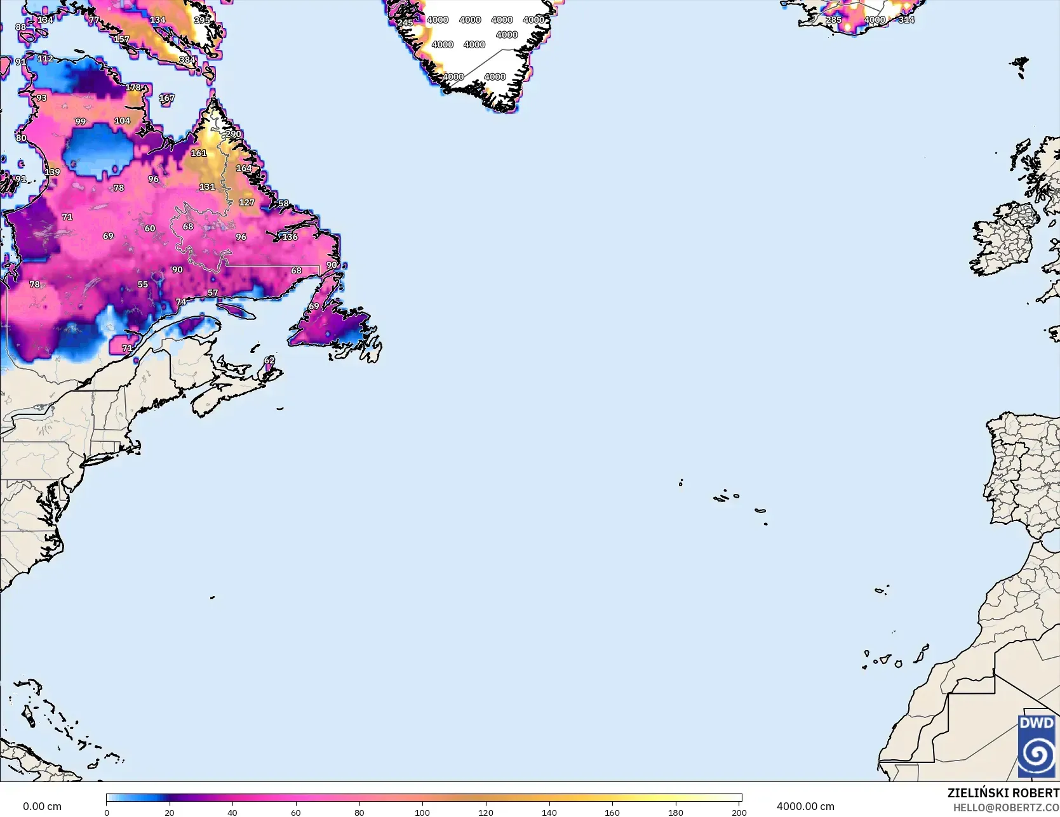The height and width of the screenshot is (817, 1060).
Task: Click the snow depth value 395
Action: click(202, 20)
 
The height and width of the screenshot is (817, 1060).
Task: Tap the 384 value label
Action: click(187, 60)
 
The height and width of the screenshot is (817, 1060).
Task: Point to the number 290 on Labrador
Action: click(233, 134)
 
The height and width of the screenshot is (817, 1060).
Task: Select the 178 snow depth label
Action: click(133, 88)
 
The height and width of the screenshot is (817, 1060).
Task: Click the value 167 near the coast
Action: click(166, 98)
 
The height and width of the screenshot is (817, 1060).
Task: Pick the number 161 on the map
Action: click(199, 153)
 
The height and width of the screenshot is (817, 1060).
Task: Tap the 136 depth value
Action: click(290, 237)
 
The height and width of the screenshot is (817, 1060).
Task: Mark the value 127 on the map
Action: click(246, 203)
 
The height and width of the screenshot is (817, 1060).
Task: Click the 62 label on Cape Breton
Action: click(269, 361)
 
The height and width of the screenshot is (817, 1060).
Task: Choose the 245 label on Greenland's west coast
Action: click(405, 23)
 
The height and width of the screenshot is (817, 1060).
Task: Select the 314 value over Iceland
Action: click(906, 20)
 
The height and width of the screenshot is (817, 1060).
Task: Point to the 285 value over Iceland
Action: click(833, 20)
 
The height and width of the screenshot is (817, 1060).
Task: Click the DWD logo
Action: click(1037, 746)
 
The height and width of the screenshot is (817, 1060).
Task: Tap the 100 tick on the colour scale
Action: click(422, 813)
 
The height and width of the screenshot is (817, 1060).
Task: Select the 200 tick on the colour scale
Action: click(739, 813)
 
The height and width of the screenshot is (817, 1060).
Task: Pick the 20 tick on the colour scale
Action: click(170, 813)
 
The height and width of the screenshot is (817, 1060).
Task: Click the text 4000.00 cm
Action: click(805, 806)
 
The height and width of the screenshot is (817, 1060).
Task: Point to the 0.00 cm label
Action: click(42, 806)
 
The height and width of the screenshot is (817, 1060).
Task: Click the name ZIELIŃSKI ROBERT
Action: click(1003, 793)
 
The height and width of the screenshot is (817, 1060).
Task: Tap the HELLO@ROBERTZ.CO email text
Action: click(1006, 807)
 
